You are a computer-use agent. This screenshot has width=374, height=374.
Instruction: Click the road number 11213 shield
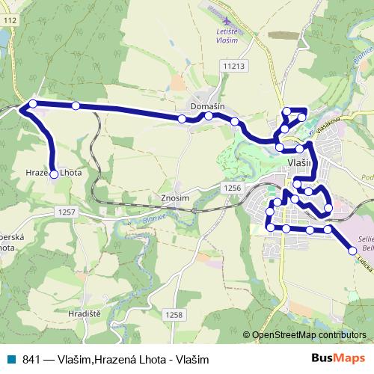[233, 67]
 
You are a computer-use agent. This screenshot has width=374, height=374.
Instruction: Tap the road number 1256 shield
[233, 188]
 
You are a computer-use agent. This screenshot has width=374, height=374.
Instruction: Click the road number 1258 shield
[174, 315]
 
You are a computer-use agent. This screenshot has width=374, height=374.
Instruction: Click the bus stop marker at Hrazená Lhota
[54, 174]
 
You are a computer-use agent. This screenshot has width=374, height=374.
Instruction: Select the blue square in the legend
[11, 359]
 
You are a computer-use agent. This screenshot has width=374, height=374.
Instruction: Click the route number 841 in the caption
[31, 359]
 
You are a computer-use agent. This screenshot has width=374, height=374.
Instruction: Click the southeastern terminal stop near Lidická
[352, 251]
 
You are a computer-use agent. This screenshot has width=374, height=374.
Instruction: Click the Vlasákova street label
[327, 123]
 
